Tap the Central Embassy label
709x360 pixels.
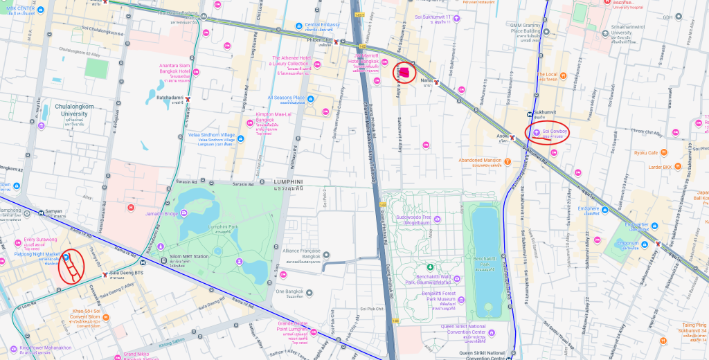(x=322, y=25)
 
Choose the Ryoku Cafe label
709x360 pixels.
(x=645, y=152)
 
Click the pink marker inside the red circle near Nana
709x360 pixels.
(x=404, y=71)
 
